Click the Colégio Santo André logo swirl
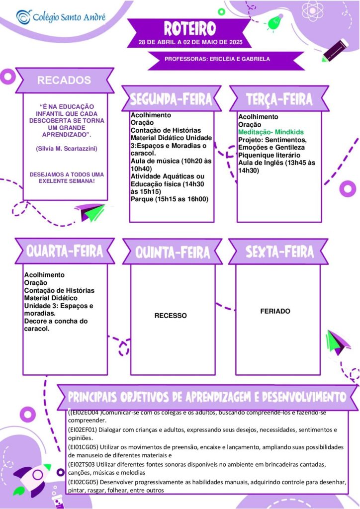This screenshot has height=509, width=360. tap(24, 17)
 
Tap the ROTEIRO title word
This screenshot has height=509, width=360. tap(190, 28)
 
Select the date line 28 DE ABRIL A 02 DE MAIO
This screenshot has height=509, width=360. tap(190, 42)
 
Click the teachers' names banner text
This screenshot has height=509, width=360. tap(217, 59)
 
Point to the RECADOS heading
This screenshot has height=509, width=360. tap(64, 80)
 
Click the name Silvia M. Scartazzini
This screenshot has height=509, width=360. tap(67, 149)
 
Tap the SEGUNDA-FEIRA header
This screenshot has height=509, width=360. tap(171, 99)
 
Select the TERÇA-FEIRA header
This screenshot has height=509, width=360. tap(279, 99)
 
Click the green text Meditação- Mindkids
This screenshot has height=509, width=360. tap(271, 132)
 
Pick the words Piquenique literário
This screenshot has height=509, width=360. tap(269, 155)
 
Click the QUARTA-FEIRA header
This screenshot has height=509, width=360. tap(65, 252)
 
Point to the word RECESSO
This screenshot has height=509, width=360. tap(171, 316)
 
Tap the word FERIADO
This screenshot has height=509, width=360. tap(275, 311)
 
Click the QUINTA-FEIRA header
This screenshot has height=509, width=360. tap(173, 253)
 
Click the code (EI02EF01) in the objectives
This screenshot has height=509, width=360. tap(83, 430)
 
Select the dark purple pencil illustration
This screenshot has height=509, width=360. tap(335, 50)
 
